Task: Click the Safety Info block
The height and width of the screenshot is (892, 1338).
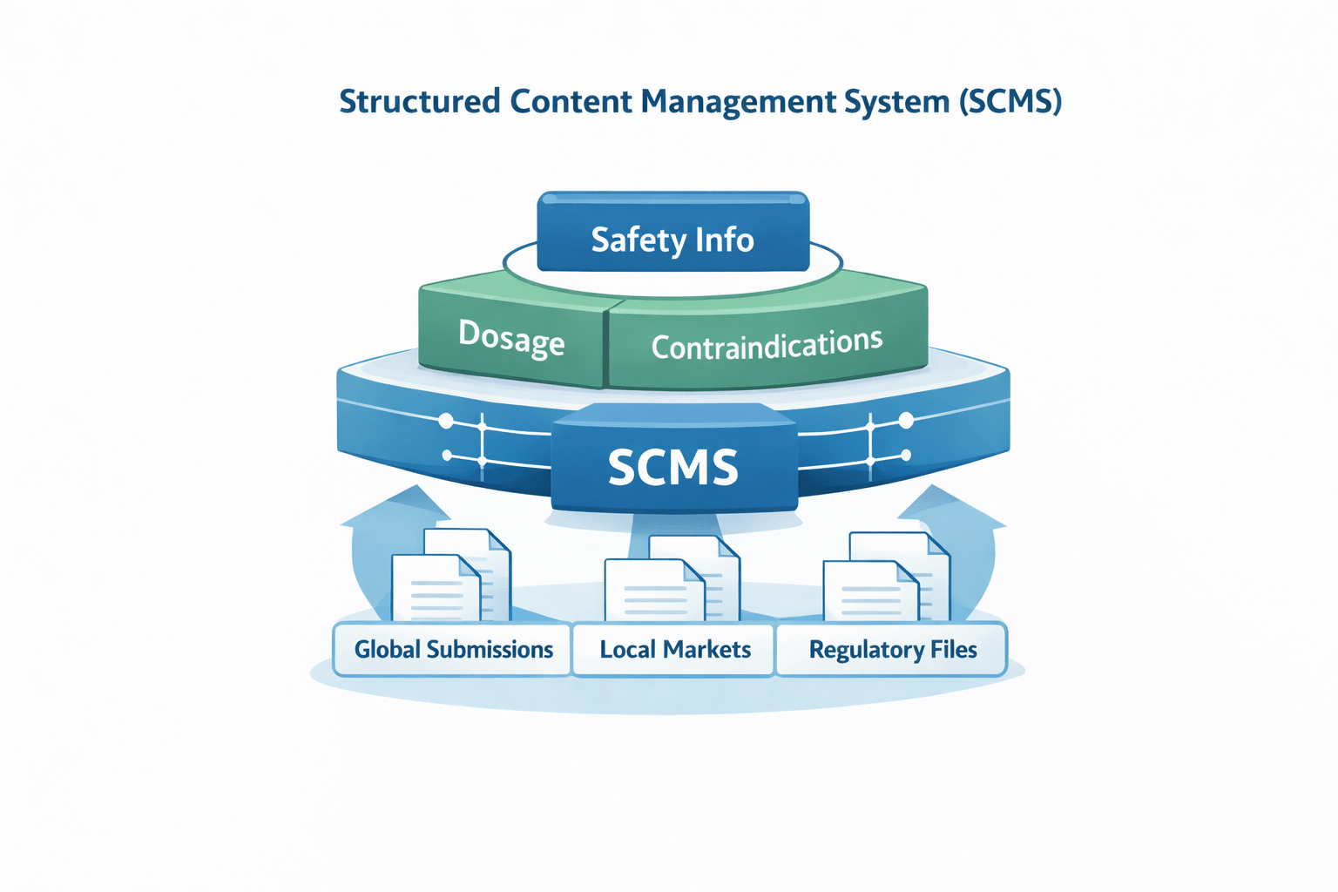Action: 672,233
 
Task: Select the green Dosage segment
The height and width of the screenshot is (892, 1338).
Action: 511,338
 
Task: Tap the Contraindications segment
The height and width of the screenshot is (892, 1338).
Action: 767,344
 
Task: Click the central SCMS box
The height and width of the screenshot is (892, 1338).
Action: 673,466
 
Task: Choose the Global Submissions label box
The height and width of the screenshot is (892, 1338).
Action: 453,650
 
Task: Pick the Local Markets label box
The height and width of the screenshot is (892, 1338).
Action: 674,650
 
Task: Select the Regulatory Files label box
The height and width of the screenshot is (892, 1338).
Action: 892,650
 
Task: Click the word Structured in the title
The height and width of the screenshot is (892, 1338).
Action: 419,101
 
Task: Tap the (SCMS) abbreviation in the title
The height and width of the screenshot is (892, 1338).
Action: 1010,101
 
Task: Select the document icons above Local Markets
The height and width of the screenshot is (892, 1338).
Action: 672,579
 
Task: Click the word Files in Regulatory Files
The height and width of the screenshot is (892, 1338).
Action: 952,650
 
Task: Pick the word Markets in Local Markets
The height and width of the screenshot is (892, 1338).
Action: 706,650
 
